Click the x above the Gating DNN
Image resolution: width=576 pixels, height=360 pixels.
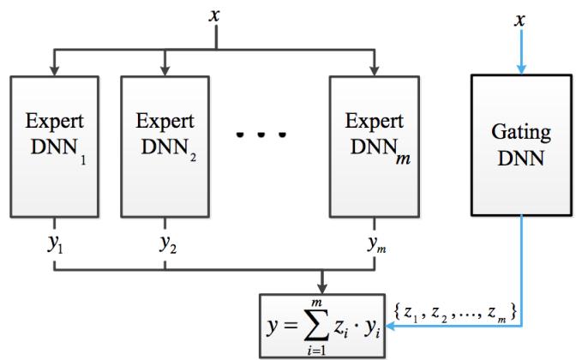517,18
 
